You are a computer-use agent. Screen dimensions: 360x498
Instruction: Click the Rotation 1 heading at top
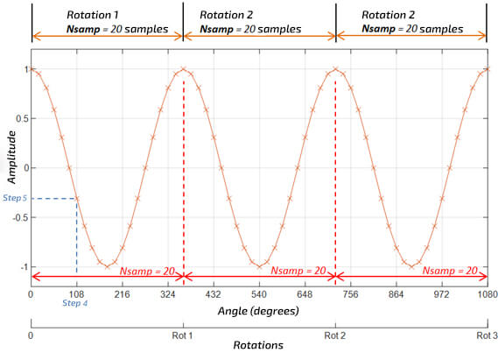click(95, 15)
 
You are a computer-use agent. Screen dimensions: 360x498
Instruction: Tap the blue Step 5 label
click(15, 198)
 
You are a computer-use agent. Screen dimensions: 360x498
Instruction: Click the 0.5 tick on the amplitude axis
click(20, 118)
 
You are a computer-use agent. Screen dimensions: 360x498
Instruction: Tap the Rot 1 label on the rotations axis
click(183, 335)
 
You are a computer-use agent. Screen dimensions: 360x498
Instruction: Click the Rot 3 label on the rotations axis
click(487, 335)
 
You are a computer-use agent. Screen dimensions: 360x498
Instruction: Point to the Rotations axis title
click(258, 346)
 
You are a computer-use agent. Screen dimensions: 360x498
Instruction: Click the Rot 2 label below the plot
click(335, 335)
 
